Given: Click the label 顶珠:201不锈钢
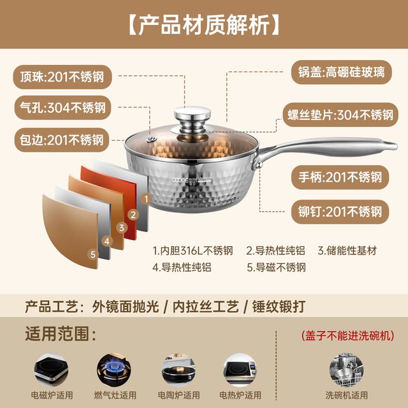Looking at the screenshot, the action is click(x=62, y=77).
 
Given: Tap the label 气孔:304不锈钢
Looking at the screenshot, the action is click(x=62, y=108).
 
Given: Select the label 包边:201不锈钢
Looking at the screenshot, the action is click(x=62, y=140).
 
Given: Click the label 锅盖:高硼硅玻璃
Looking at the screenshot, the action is click(x=342, y=72).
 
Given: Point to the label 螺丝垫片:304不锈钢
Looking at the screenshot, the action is click(x=340, y=115).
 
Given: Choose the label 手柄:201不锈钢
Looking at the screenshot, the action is click(x=340, y=177).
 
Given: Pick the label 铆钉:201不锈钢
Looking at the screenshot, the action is click(x=340, y=212).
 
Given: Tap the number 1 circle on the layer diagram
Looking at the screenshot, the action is click(x=146, y=200).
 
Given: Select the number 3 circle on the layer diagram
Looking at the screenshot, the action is click(x=122, y=228).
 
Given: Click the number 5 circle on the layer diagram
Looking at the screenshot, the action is click(x=93, y=254).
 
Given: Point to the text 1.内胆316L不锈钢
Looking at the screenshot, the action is click(x=193, y=251).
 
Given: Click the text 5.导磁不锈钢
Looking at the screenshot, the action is click(x=276, y=268).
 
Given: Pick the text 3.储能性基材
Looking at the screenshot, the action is click(x=347, y=251).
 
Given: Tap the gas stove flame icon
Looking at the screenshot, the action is click(x=114, y=370).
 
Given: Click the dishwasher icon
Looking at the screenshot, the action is click(x=346, y=370).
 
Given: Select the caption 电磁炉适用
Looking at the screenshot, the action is click(x=52, y=395).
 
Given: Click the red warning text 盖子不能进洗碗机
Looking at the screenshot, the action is click(x=347, y=335).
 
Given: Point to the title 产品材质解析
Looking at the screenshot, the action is click(x=204, y=25).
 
